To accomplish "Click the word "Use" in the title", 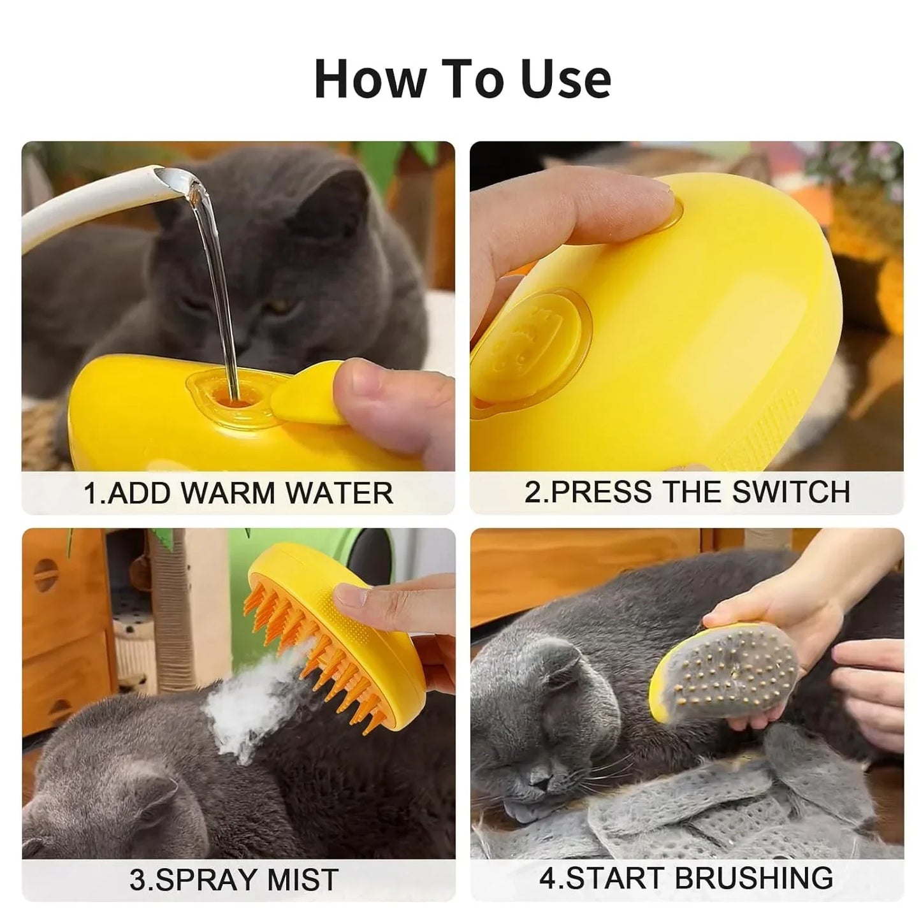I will pos(566,79).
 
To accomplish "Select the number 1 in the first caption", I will pos(91,493).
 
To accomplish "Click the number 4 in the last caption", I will pos(548,878).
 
